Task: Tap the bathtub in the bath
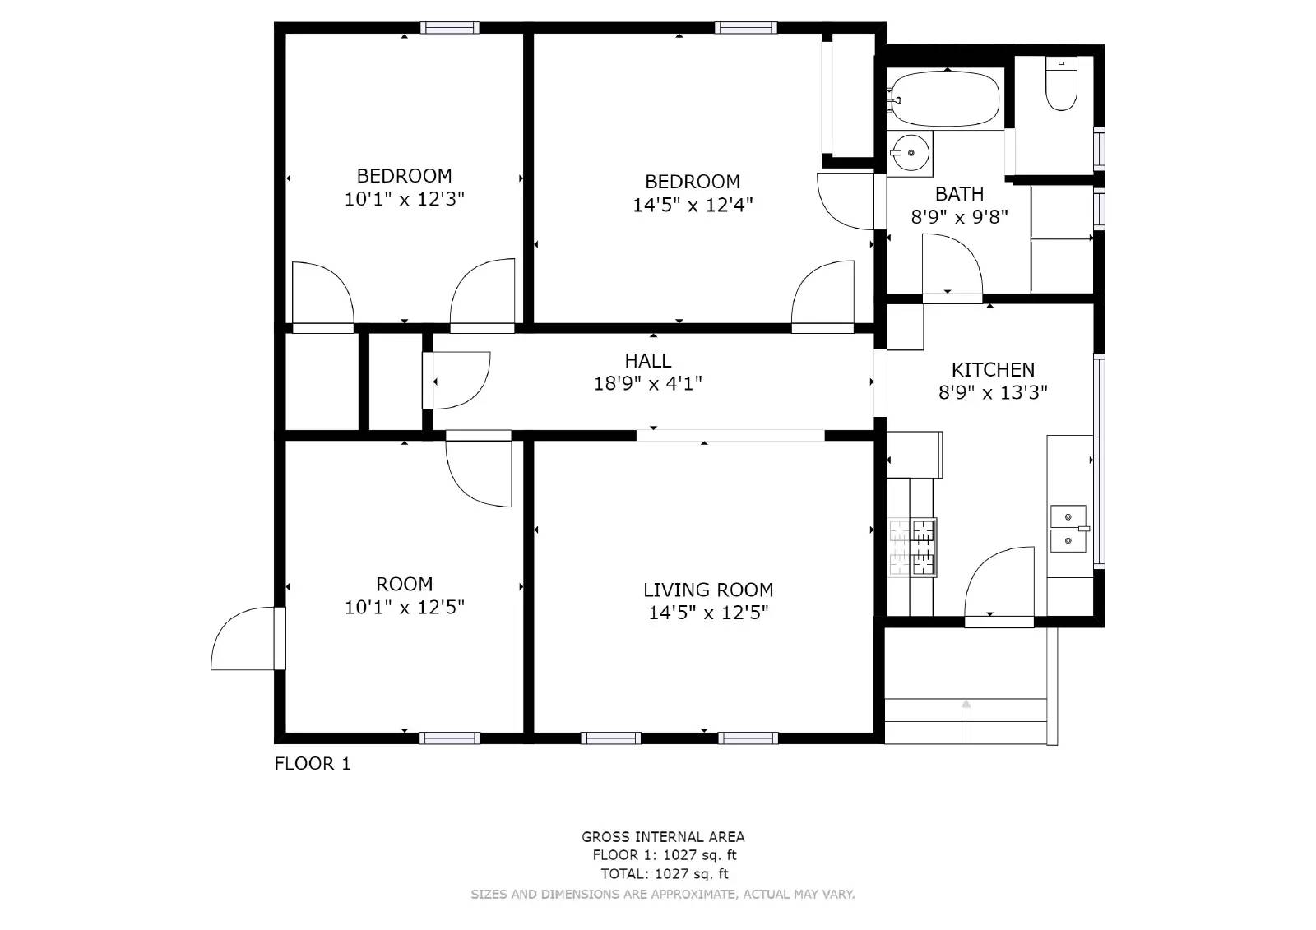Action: coord(945,99)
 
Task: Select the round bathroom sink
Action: coord(910,153)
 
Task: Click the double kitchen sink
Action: coord(1068,529)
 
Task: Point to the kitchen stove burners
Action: coord(912,546)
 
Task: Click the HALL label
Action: coord(647,360)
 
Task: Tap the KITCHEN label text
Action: coord(993,369)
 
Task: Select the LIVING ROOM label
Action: coord(708,590)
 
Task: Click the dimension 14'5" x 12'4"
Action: coord(693,205)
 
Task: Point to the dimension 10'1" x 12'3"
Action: coord(404,199)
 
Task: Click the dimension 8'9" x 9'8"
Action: coord(959,217)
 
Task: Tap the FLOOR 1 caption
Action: coord(313,764)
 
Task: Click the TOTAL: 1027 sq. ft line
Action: coord(665,874)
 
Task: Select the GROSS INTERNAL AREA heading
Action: coord(663,837)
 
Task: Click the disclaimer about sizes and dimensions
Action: coord(663,894)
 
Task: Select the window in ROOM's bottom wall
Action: coord(450,738)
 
